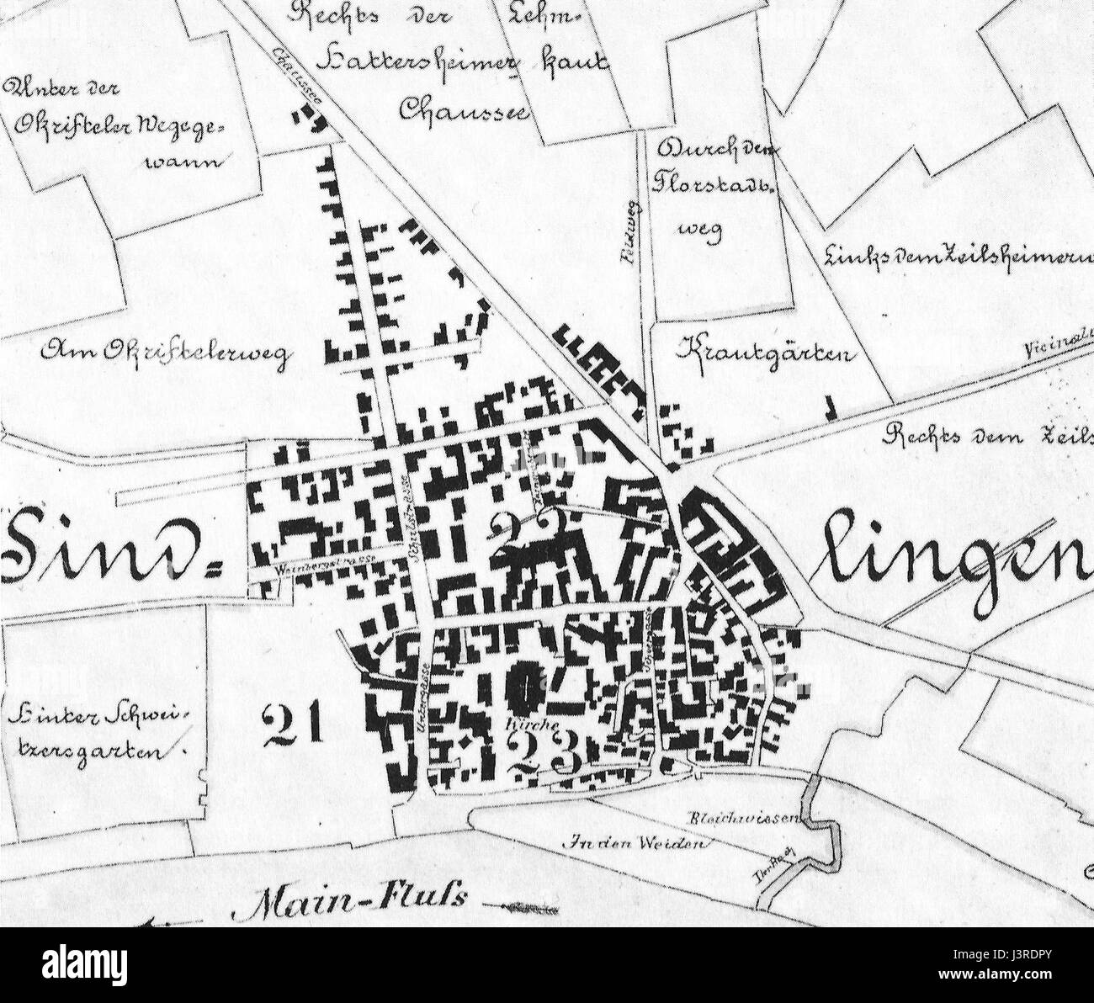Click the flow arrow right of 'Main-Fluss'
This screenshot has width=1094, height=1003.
526,908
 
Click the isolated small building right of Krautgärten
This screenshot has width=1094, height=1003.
832,408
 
